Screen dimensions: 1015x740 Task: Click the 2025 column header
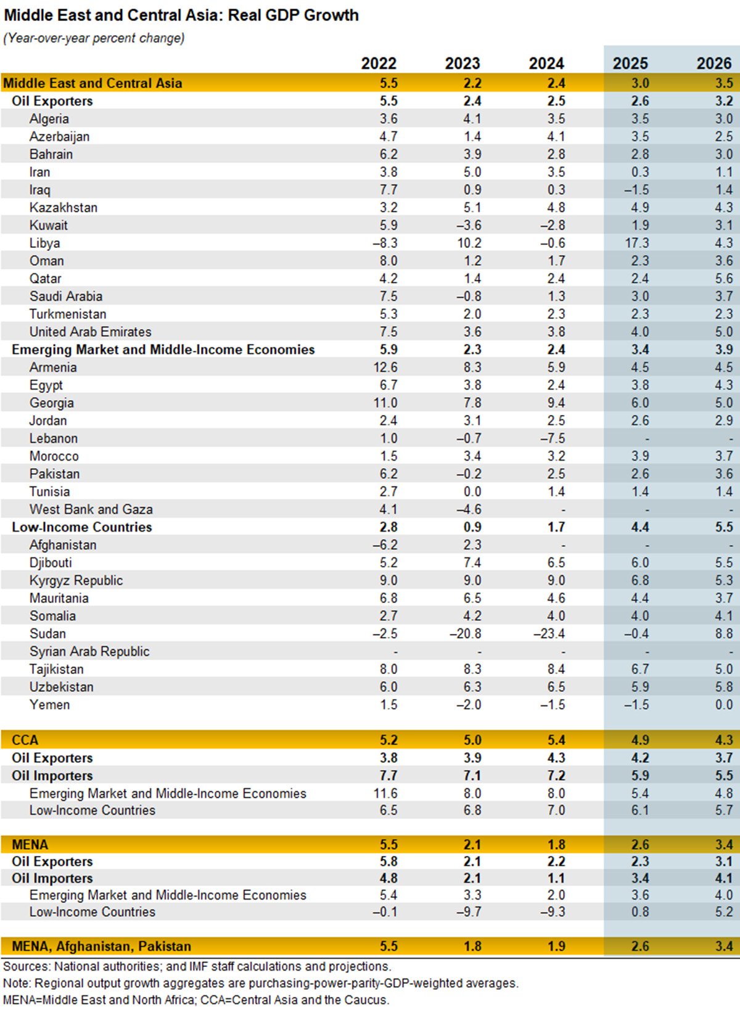630,64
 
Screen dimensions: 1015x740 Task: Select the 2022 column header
379,64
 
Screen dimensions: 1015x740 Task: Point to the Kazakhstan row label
64,208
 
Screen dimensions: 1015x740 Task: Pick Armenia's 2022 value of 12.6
385,368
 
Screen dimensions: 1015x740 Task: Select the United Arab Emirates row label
90,332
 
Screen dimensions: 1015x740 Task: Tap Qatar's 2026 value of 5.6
723,279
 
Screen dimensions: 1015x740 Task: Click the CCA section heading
25,740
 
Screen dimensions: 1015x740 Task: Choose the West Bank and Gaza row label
91,509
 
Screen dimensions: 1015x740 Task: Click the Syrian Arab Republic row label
89,651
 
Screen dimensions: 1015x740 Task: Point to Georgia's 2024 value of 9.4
556,403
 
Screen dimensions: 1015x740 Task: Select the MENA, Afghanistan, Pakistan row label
101,946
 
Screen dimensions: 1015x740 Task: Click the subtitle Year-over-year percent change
94,38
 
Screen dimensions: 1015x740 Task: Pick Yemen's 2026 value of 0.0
723,705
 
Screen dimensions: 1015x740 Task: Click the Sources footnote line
197,966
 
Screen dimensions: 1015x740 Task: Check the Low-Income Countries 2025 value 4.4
639,527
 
